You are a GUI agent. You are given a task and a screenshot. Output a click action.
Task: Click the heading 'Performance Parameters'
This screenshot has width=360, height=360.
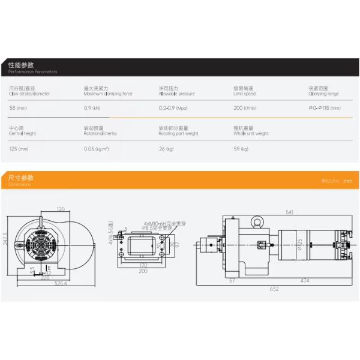[33, 71]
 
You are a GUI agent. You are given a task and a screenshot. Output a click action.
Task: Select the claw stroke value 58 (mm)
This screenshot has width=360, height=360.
[17, 108]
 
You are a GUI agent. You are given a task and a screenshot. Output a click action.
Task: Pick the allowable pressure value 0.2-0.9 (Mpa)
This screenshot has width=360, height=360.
[173, 108]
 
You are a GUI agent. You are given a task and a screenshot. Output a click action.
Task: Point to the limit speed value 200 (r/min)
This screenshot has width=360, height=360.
[245, 108]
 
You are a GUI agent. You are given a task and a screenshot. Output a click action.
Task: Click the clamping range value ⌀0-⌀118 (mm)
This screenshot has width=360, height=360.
[324, 108]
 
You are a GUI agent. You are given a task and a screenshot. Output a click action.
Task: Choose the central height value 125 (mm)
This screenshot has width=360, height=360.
[19, 149]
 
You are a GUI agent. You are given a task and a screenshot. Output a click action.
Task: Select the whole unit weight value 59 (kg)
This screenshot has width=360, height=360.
[241, 149]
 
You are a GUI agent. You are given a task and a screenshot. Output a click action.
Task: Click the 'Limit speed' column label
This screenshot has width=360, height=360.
[244, 94]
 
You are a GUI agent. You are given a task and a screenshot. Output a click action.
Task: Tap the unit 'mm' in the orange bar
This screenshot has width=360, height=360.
[347, 181]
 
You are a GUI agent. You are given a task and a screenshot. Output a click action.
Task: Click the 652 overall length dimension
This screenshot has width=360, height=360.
[274, 289]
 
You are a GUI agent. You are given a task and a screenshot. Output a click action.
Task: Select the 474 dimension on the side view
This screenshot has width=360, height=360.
[305, 280]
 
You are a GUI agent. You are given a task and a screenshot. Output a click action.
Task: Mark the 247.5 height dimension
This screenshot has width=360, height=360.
[5, 243]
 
